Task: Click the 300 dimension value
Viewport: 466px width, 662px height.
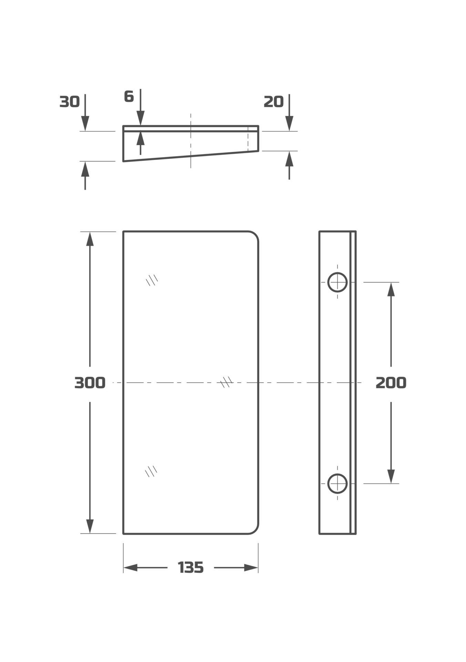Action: click(90, 383)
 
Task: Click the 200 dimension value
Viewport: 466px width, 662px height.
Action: click(391, 383)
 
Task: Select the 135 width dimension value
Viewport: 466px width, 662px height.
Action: click(191, 568)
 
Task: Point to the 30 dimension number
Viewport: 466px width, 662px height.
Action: click(70, 102)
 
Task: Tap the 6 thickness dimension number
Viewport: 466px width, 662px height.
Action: click(129, 97)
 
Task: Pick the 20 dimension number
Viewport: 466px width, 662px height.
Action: click(274, 102)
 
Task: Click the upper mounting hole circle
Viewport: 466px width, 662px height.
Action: click(337, 282)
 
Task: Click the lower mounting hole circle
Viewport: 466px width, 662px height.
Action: click(337, 483)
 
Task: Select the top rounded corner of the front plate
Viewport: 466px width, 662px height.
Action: click(255, 235)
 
